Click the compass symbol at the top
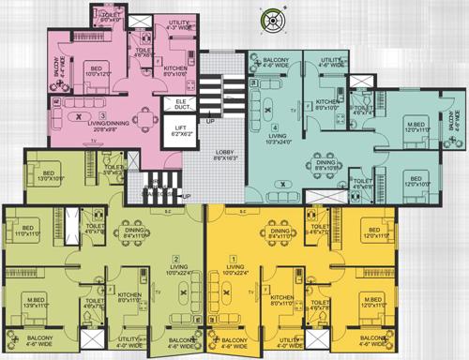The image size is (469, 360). pyautogui.click(x=273, y=21)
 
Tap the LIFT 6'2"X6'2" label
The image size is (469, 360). pyautogui.click(x=179, y=133)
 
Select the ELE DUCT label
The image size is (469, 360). pyautogui.click(x=179, y=107)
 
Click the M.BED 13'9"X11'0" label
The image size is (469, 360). pyautogui.click(x=39, y=303)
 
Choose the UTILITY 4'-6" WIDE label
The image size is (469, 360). pyautogui.click(x=334, y=64)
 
